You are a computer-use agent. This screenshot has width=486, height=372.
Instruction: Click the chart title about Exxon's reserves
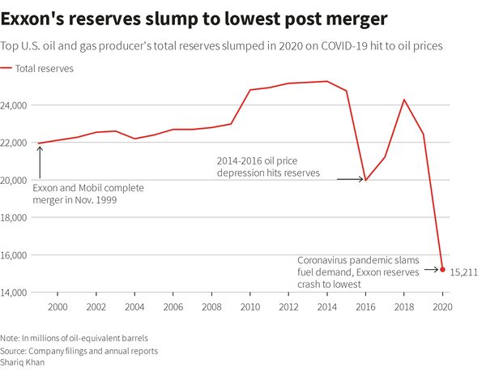[194, 18]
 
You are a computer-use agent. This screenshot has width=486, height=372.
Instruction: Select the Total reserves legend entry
[44, 69]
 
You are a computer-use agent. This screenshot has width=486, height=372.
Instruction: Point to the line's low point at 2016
[365, 180]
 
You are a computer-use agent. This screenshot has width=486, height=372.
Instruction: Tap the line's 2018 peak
[404, 100]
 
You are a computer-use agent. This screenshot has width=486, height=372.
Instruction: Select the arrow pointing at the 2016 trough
[350, 179]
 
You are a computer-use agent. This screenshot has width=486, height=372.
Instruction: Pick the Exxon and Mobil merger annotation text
[87, 193]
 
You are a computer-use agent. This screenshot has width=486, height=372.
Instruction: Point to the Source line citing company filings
[79, 350]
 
